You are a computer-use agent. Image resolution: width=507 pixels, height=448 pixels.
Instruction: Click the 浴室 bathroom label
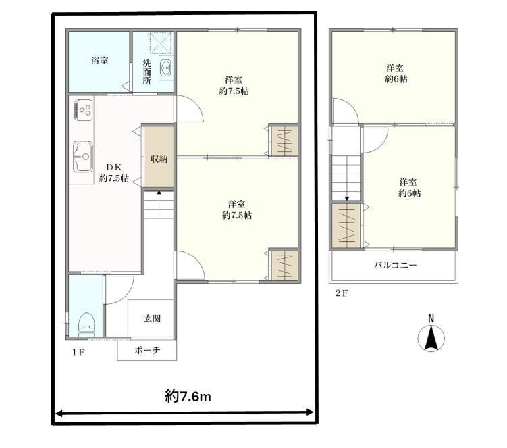[100, 61]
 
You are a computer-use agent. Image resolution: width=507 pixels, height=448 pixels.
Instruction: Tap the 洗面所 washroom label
[147, 72]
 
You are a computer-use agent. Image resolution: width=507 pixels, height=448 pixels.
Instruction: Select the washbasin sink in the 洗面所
[166, 68]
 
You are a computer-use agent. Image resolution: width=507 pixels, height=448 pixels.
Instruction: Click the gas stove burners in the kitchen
[84, 109]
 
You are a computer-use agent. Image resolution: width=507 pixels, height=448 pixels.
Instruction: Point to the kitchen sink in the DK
[83, 157]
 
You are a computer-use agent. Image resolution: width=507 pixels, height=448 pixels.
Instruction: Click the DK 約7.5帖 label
[114, 173]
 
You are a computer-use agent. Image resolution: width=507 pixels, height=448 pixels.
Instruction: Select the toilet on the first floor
[86, 324]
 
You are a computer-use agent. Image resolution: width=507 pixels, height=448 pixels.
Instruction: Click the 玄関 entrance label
[152, 318]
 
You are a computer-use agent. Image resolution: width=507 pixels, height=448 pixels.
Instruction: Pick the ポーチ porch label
[147, 350]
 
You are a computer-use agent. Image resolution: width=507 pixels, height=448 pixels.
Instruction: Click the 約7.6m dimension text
[188, 396]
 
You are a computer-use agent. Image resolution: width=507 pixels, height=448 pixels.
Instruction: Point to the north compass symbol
[431, 339]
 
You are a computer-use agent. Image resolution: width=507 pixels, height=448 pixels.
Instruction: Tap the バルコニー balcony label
[396, 266]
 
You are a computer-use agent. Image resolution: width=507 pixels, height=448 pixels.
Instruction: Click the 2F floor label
[342, 293]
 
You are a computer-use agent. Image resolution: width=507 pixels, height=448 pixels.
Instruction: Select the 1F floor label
[78, 352]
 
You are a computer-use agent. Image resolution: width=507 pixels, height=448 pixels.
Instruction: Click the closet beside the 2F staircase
[346, 225]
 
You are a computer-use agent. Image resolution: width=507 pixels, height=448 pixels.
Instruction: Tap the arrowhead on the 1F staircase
[159, 193]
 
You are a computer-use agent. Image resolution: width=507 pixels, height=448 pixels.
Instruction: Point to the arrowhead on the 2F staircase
[347, 199]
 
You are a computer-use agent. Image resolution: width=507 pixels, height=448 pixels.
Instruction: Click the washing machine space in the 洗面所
[160, 43]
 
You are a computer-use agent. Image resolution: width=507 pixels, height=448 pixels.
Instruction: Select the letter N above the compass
[431, 318]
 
